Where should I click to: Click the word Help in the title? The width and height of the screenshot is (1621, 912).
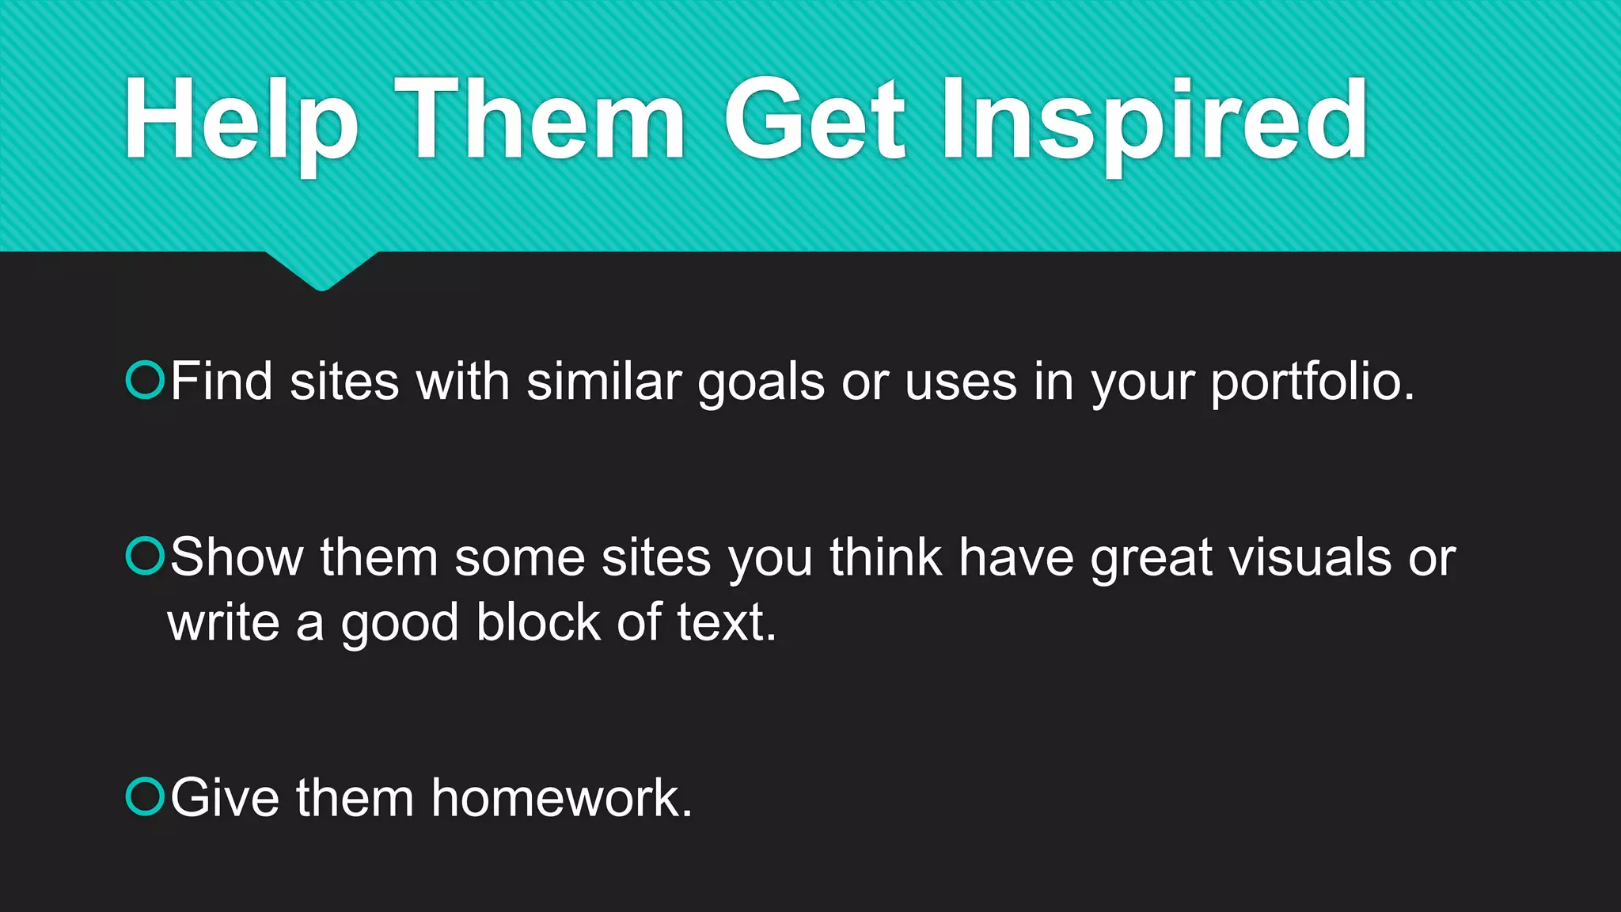(241, 120)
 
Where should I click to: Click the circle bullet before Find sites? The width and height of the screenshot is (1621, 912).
(145, 380)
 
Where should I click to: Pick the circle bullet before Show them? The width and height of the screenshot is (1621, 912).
(145, 556)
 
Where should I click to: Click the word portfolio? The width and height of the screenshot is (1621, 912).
(1312, 383)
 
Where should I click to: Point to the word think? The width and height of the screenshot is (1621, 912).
(886, 557)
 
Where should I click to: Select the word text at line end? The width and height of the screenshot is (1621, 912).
(726, 622)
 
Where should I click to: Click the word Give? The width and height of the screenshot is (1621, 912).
(225, 798)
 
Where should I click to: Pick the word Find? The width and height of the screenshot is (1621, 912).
(222, 382)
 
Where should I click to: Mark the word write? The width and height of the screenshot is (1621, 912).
(223, 622)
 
